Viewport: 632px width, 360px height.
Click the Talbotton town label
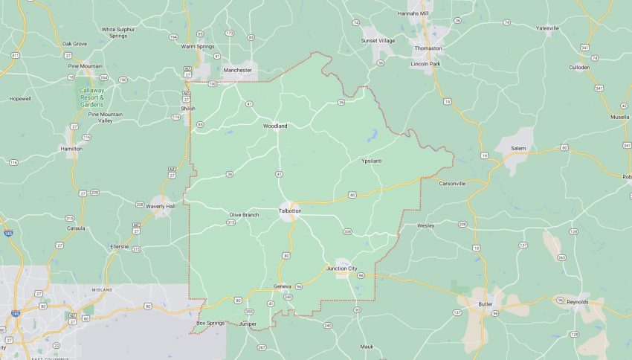pos(289,211)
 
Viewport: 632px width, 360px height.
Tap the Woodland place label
pos(274,126)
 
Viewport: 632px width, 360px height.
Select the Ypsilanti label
pos(371,161)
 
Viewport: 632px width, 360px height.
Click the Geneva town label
pos(283,286)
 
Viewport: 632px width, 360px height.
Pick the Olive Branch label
pos(244,214)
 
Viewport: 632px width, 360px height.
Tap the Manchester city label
pos(238,70)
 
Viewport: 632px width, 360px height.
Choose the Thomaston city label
pos(428,48)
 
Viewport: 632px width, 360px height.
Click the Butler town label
pos(486,303)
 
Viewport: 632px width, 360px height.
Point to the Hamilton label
pos(71,148)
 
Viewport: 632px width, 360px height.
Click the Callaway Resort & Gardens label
pos(92,97)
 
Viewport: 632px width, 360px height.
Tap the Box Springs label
pos(210,323)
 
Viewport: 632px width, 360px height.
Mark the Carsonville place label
pos(451,183)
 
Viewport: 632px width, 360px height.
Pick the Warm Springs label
pos(198,47)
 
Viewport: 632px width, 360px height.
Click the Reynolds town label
pos(577,302)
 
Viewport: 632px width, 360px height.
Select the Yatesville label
pos(547,28)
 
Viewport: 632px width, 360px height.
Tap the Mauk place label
pos(367,346)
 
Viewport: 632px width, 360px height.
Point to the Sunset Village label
pos(378,40)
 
